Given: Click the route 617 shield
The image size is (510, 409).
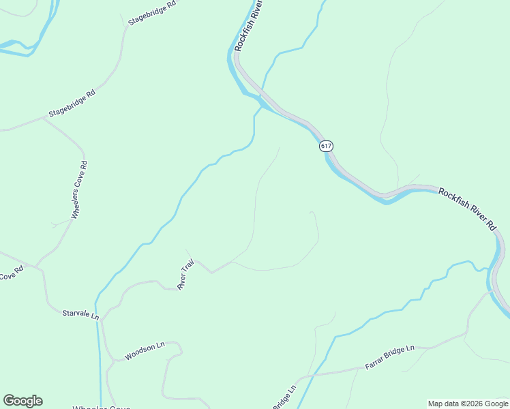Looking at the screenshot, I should [x=327, y=146].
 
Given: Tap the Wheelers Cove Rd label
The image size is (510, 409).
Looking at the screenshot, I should [x=80, y=190].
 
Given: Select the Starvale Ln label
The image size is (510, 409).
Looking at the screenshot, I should [x=80, y=315].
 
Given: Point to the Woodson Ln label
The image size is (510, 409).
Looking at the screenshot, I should [x=145, y=351].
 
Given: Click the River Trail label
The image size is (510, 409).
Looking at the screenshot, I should [x=186, y=274].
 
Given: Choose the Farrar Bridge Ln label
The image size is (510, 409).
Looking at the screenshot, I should [x=389, y=357].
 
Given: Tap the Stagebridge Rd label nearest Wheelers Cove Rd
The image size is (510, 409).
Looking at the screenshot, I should [x=72, y=103].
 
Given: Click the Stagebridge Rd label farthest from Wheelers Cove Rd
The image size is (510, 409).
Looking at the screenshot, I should [x=152, y=13].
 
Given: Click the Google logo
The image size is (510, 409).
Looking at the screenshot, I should [x=22, y=400].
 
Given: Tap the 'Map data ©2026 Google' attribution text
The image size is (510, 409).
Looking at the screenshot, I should [x=468, y=404].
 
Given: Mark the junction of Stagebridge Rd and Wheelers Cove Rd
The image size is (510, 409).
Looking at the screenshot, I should [x=44, y=117].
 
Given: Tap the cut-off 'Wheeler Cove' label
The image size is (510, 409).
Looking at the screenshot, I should [x=101, y=407].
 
